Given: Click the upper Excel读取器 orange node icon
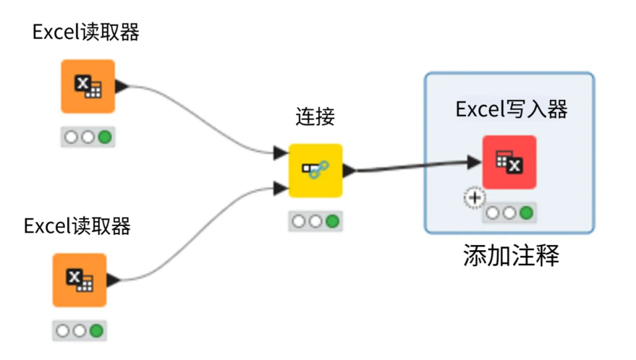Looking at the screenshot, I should point(88,86).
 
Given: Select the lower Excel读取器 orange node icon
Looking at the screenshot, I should point(79,280).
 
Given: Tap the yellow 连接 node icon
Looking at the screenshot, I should point(316,170).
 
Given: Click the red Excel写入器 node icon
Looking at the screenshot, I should point(509,162).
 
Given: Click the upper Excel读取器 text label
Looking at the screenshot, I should point(86,32).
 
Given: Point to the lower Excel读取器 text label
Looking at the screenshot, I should point(77,226).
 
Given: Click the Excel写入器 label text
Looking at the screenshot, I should point(511,110).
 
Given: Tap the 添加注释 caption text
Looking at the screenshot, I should point(511,256).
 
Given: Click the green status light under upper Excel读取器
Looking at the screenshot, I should point(104,137).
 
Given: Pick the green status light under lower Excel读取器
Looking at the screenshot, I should point(96,330).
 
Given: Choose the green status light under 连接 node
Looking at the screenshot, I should point(332,221).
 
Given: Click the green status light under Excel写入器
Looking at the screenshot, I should point(526,213).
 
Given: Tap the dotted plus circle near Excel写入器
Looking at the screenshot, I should point(475,198).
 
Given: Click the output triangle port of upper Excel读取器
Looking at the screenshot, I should point(122,86).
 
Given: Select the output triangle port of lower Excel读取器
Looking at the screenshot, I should point(113,280).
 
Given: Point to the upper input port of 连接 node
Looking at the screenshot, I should point(281,152).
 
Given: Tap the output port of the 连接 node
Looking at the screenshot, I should point(350,170).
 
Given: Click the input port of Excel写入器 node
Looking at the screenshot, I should point(475,162).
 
